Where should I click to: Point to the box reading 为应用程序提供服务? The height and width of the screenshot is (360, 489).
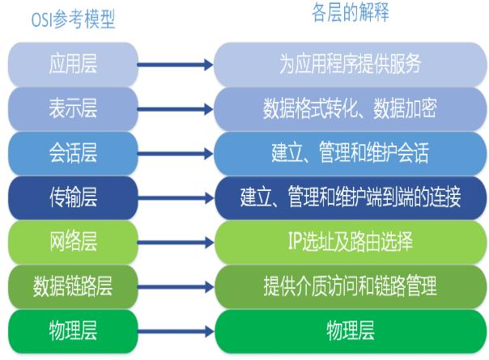tap(350, 63)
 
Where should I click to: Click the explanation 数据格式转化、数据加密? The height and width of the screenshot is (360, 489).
tap(350, 107)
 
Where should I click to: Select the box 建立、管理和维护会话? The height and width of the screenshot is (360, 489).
tap(350, 151)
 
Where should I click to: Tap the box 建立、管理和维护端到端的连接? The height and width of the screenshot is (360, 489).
tap(350, 196)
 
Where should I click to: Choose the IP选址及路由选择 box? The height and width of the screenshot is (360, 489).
tap(350, 240)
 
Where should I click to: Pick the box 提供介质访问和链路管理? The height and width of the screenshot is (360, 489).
tap(350, 285)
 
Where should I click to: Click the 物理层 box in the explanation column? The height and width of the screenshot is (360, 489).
tap(350, 329)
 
